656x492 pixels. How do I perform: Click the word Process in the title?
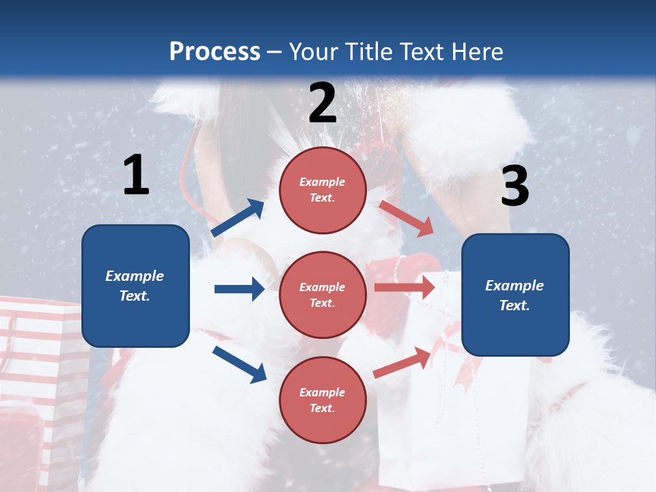[215, 51]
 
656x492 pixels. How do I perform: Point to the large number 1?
[136, 176]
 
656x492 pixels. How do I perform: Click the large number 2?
[323, 103]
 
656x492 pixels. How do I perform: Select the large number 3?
[515, 187]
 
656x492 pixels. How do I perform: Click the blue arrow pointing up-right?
[238, 218]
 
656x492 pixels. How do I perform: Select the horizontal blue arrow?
[239, 289]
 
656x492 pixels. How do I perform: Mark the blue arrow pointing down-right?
[239, 364]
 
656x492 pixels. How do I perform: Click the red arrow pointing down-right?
[407, 218]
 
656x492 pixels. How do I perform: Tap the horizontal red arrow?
[405, 287]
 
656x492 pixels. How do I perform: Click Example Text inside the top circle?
[323, 190]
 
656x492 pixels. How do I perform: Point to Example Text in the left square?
[135, 286]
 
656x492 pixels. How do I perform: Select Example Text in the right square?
[515, 295]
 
